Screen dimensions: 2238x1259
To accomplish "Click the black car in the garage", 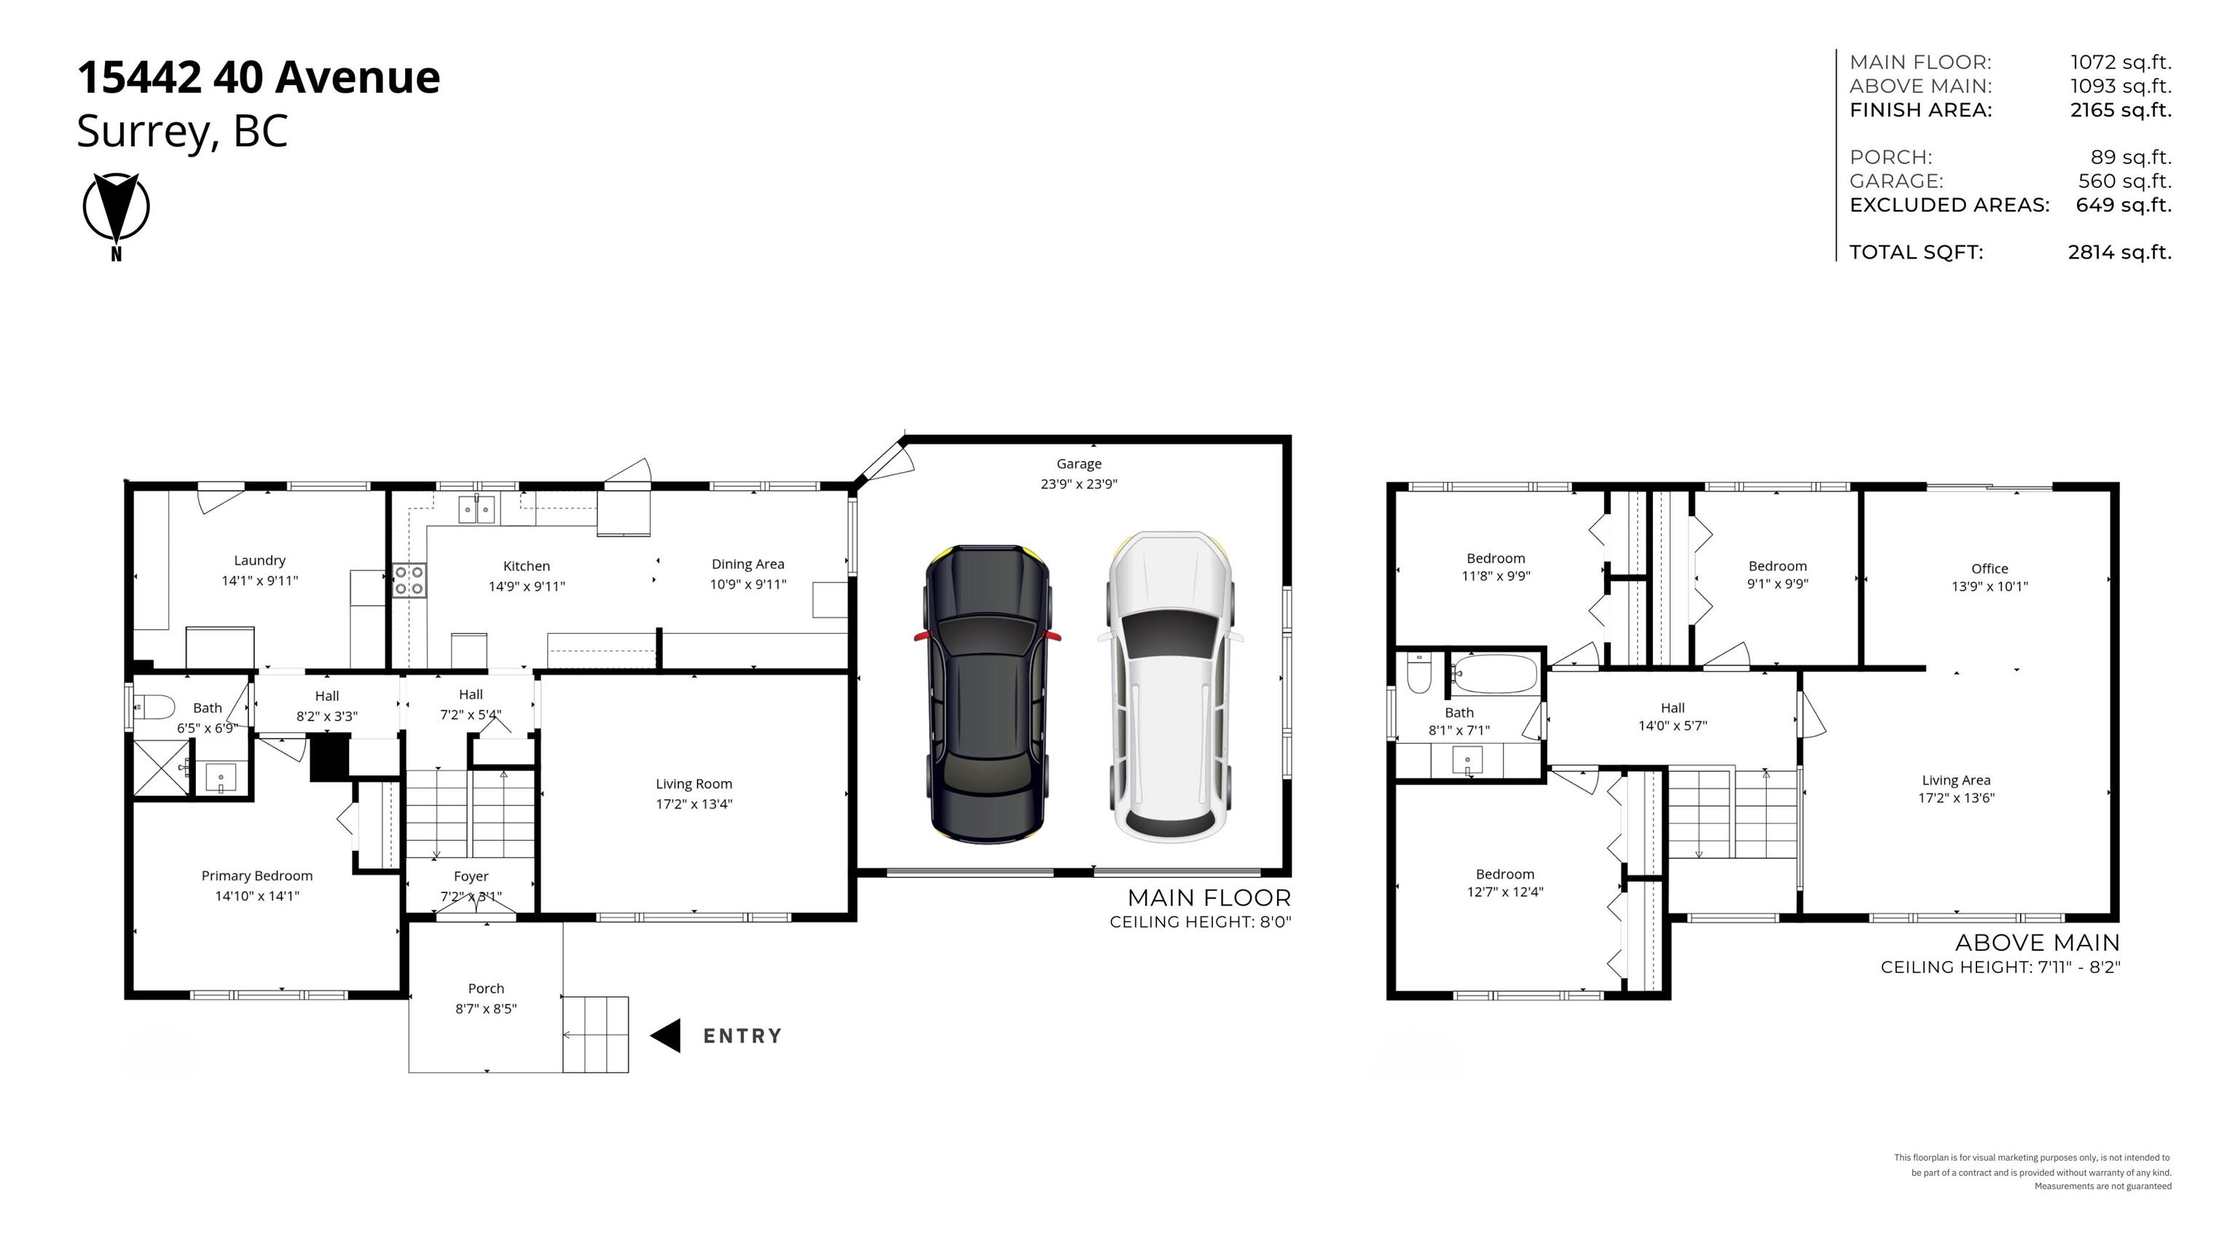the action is (x=988, y=694).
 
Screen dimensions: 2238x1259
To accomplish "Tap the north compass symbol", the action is (x=117, y=211).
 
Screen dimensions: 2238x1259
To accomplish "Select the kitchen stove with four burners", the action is (x=408, y=581).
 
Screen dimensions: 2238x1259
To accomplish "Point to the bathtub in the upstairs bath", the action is (x=1494, y=673).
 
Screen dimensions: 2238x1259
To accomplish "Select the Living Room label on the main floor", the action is (x=694, y=784).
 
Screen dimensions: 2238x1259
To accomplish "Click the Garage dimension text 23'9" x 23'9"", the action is (x=1079, y=484).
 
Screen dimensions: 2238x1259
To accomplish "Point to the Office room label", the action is (x=1990, y=568).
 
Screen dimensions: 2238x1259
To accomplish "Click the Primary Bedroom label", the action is (x=257, y=876).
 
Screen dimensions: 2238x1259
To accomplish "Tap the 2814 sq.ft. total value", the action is (x=2120, y=252).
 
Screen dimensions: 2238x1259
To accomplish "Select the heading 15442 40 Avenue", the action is (x=259, y=77).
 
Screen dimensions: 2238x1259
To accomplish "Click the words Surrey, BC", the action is (x=182, y=132).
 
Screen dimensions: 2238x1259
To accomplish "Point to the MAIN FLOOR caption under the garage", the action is (x=1209, y=898).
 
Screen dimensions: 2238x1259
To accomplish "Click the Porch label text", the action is (x=486, y=988).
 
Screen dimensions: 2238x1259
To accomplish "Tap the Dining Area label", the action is (x=748, y=564).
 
